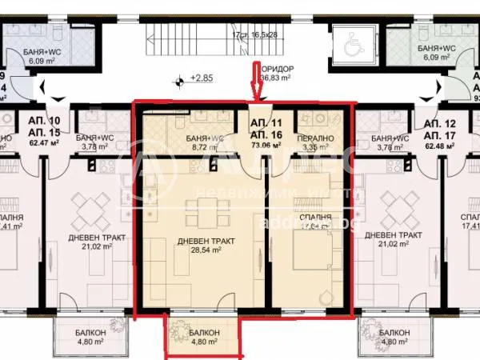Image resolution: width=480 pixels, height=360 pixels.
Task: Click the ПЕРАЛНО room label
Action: click(x=313, y=138)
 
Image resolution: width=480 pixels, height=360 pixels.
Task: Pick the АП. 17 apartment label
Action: click(x=440, y=137)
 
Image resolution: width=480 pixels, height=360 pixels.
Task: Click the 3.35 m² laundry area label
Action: click(x=313, y=147)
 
